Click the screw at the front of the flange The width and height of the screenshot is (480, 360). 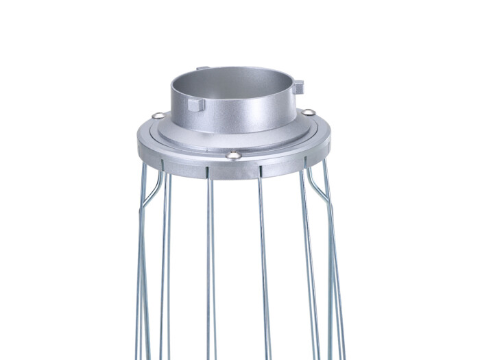(233, 155)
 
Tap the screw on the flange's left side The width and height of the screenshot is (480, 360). (158, 115)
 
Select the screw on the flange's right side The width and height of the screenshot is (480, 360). (309, 112)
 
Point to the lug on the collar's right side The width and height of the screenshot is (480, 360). (298, 87)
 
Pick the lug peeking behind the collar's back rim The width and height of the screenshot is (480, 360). (202, 68)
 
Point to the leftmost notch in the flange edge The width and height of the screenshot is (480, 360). (163, 163)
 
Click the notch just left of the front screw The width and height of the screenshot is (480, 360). (206, 167)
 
